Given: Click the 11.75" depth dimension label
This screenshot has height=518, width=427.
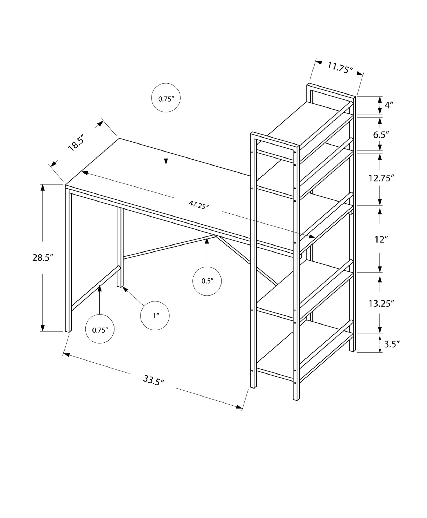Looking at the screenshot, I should pyautogui.click(x=340, y=68).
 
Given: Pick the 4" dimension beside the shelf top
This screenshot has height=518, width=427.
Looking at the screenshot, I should pyautogui.click(x=389, y=105).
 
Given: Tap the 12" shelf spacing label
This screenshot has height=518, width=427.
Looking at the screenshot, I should pyautogui.click(x=380, y=240).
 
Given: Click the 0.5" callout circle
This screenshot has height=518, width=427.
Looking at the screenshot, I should pyautogui.click(x=207, y=281).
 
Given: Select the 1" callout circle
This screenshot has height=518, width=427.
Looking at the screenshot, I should pyautogui.click(x=155, y=316).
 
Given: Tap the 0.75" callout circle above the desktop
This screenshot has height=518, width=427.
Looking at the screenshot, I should pyautogui.click(x=166, y=98).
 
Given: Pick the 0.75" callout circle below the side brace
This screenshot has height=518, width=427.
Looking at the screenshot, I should pyautogui.click(x=100, y=330).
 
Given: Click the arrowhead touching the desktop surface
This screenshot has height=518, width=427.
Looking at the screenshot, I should pyautogui.click(x=166, y=162).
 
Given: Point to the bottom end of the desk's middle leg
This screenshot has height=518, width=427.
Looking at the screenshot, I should pyautogui.click(x=119, y=286).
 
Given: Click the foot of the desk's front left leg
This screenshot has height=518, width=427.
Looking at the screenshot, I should pyautogui.click(x=68, y=331).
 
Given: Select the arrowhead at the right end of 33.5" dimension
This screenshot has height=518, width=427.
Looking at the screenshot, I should pyautogui.click(x=239, y=407).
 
